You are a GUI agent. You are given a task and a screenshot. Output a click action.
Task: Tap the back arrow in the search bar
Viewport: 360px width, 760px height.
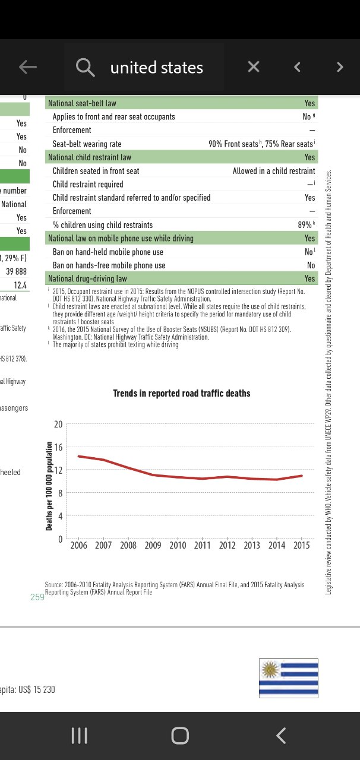click(28, 67)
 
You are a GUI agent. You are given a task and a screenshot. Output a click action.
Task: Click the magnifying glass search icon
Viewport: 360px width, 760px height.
click(86, 68)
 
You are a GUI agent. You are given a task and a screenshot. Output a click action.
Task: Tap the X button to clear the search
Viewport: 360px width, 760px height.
click(254, 67)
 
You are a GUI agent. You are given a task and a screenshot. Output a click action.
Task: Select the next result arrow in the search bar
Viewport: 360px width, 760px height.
click(340, 67)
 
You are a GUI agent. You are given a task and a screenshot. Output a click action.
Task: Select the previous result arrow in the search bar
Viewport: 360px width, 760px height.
click(297, 67)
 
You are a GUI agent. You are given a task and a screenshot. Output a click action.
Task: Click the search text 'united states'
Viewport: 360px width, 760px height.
click(157, 68)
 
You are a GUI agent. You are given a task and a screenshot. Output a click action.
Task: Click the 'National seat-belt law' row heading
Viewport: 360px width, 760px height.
click(82, 103)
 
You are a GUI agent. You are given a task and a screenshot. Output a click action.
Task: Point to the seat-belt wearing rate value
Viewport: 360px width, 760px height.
click(261, 144)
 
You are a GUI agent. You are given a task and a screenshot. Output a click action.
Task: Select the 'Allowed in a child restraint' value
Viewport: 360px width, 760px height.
click(274, 171)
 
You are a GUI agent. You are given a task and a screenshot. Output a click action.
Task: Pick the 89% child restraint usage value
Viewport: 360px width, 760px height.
click(305, 225)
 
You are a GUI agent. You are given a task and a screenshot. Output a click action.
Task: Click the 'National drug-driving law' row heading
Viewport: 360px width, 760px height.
click(87, 278)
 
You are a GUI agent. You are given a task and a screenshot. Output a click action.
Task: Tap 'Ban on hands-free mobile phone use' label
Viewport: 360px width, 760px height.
click(109, 265)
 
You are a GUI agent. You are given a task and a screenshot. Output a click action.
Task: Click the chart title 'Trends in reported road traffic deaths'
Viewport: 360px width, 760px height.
click(182, 393)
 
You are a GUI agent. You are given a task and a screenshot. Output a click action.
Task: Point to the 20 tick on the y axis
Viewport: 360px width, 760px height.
click(58, 425)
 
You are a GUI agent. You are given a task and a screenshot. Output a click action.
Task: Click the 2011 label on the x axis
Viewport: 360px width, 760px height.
click(203, 545)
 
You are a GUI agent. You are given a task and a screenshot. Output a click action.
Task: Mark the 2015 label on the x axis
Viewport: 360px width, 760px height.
click(301, 545)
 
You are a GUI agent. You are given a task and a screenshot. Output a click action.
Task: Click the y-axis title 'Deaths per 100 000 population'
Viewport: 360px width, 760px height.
click(49, 486)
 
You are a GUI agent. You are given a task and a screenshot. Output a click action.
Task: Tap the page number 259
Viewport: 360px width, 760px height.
click(37, 597)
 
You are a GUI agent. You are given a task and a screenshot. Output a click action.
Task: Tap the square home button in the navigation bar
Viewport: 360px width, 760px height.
click(180, 736)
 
